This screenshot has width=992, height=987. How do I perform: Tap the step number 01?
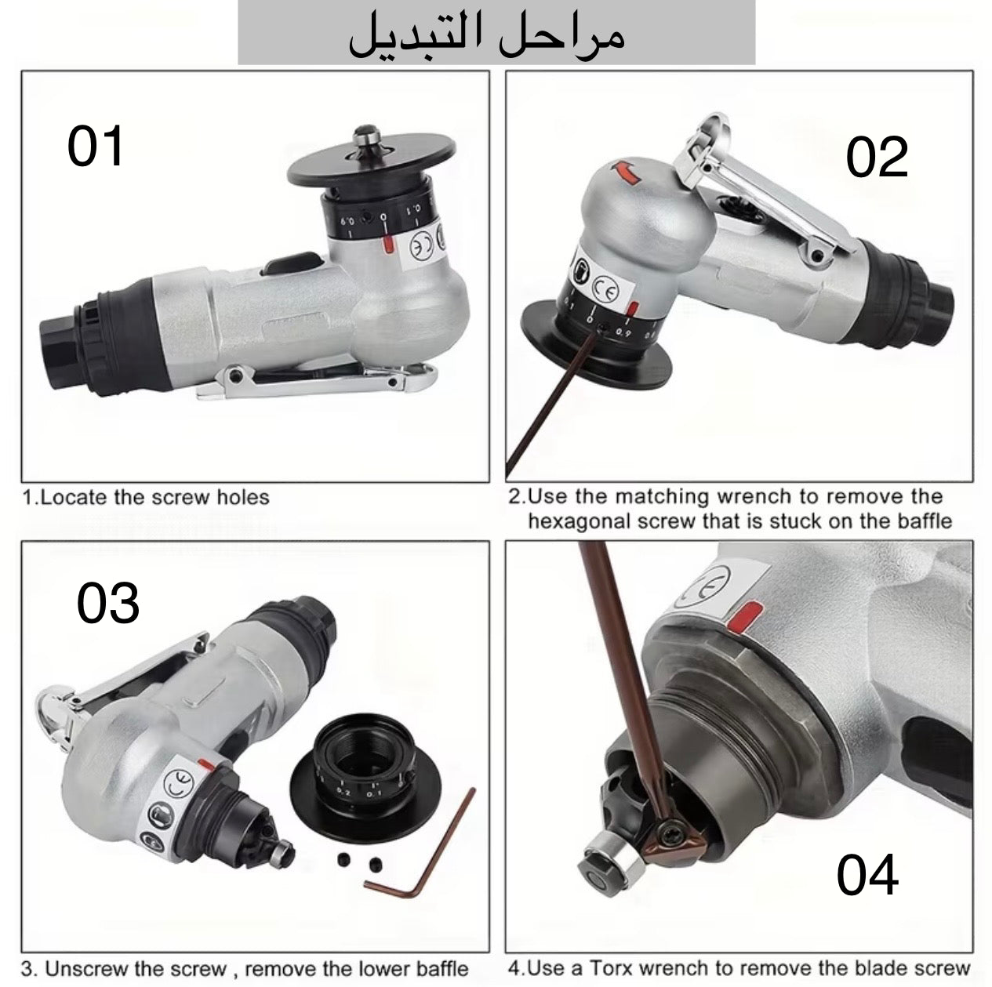(96, 147)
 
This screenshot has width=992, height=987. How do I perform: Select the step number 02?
(876, 157)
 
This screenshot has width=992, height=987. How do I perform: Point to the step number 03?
(108, 604)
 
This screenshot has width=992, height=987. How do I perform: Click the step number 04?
(867, 875)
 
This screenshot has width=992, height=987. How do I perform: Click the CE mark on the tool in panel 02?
(605, 289)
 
